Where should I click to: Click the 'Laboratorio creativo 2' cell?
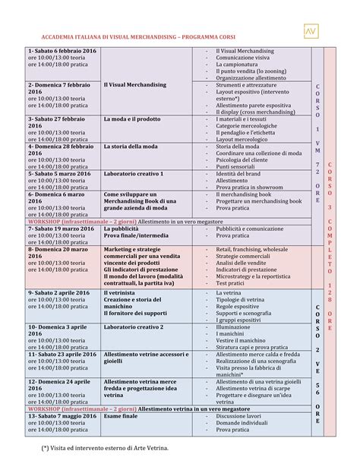[134, 326]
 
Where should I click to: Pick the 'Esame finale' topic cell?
[121, 416]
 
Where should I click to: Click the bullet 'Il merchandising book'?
[244, 195]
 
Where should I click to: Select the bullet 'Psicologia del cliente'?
[244, 160]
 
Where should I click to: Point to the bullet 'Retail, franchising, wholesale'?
[251, 249]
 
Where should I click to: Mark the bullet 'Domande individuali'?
[244, 423]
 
